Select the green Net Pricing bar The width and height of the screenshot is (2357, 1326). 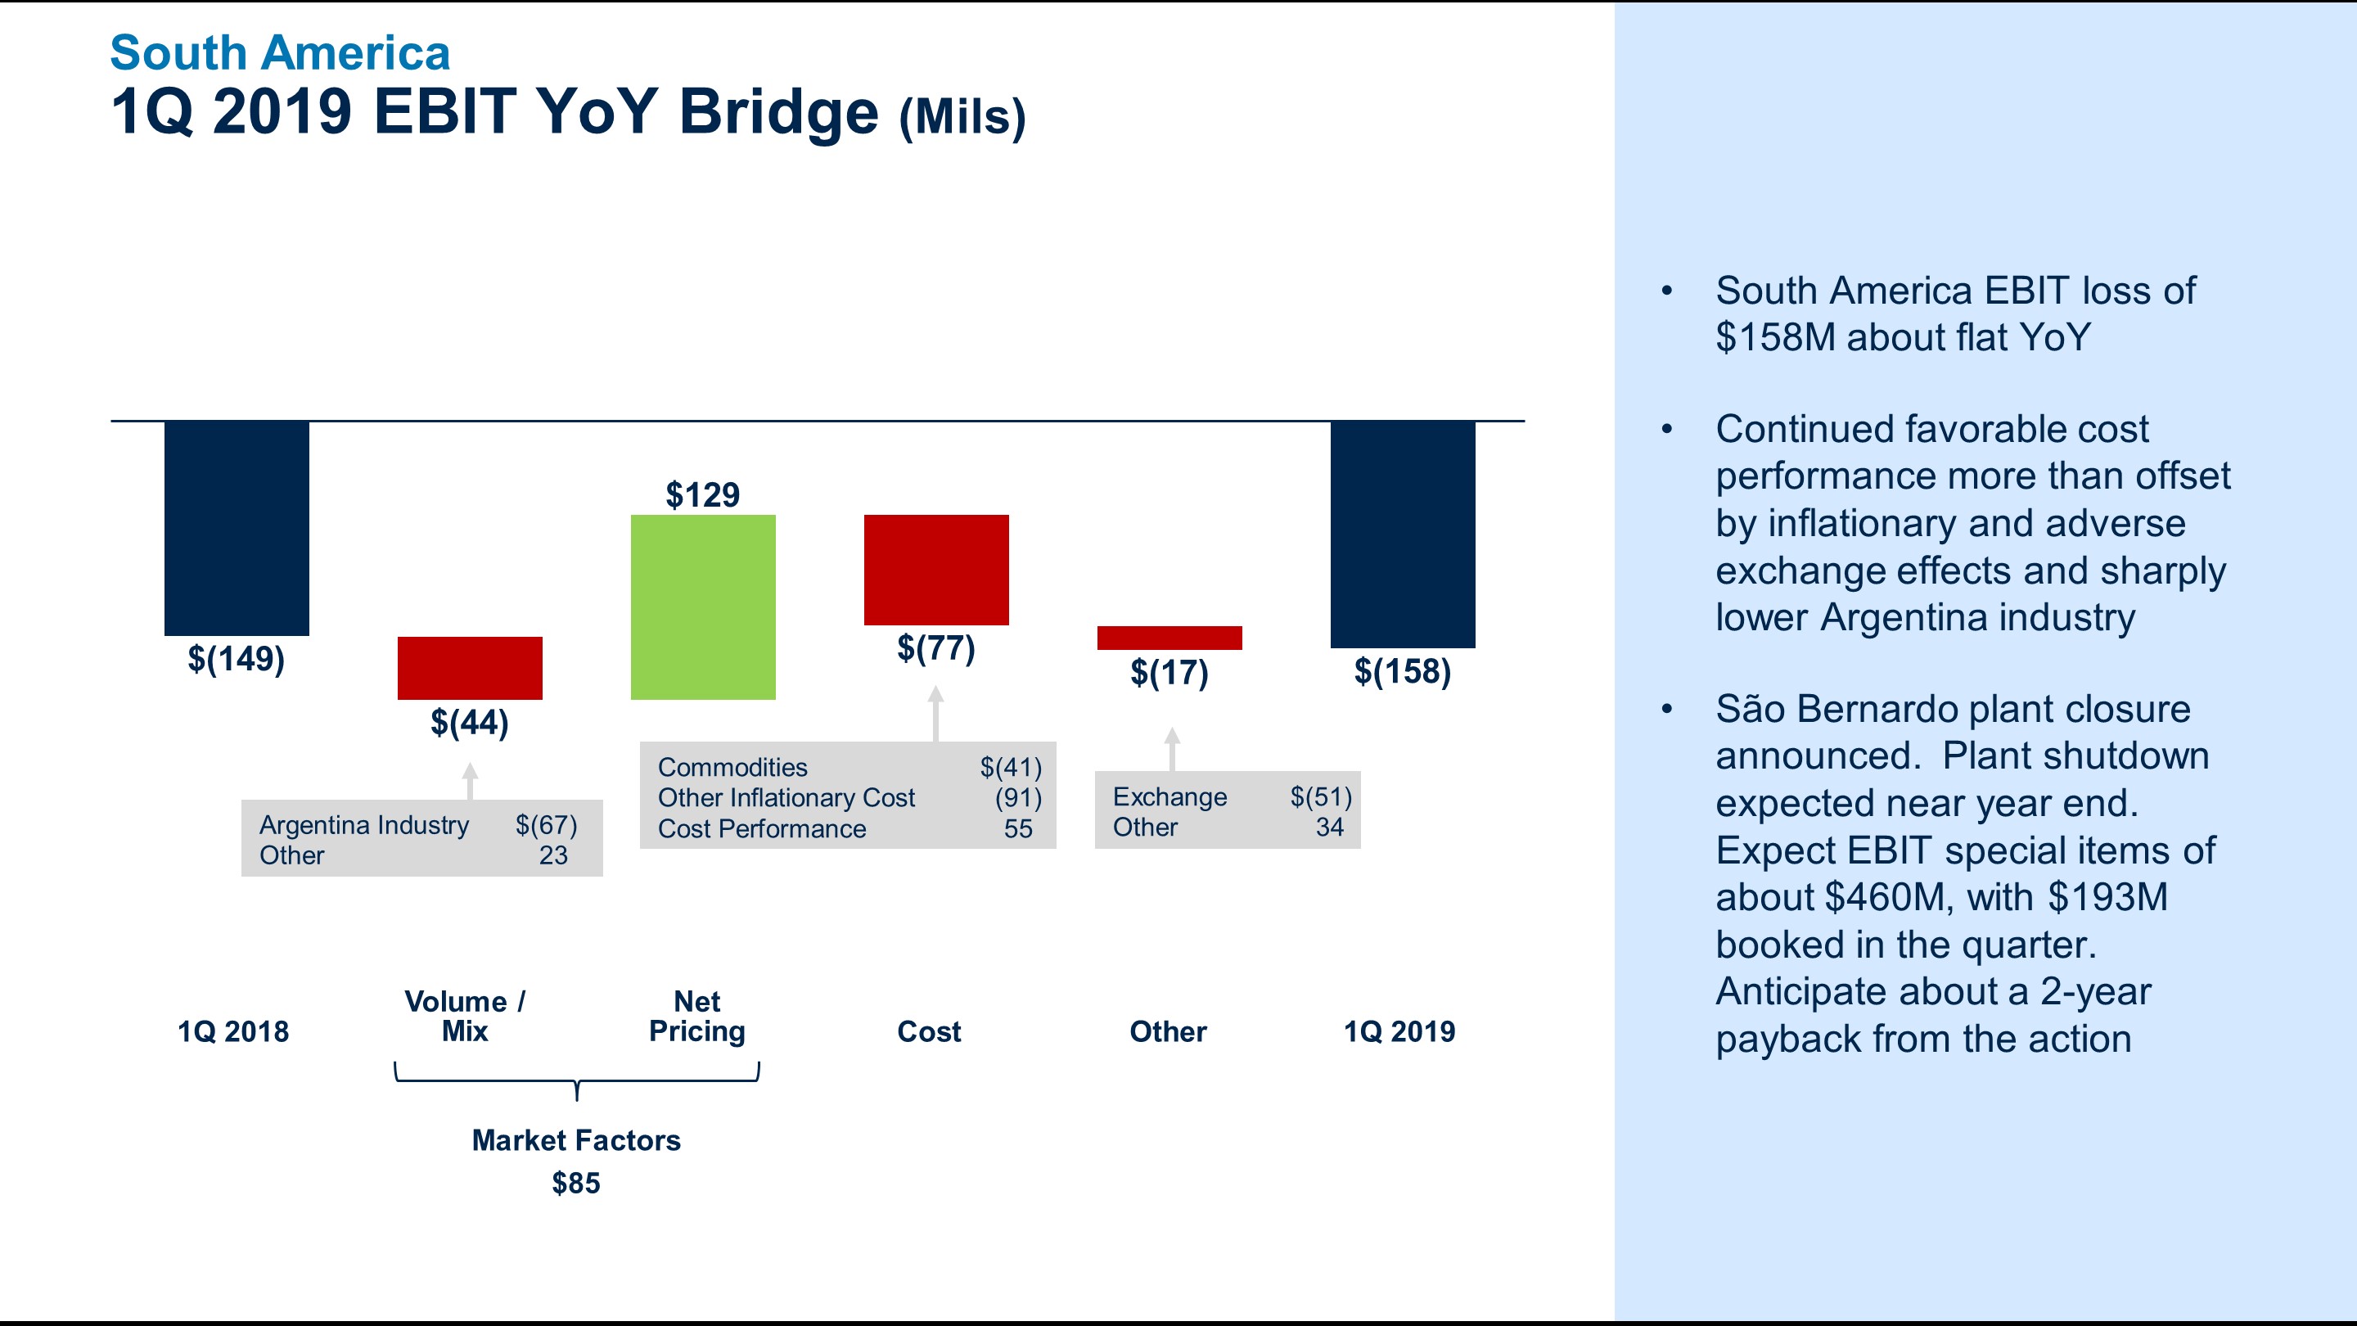point(703,607)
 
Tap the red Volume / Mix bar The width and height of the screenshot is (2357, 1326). point(470,668)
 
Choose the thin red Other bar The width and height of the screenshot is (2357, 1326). point(1169,638)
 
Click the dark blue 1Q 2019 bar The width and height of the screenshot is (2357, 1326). point(1403,534)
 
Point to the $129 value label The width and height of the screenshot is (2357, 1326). point(703,495)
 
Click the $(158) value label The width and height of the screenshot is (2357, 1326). point(1403,672)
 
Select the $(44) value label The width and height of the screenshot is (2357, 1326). point(470,723)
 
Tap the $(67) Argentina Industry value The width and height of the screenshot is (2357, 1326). point(546,824)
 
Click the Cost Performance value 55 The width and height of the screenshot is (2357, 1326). point(1018,829)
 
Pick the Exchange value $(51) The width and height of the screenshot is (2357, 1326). point(1321,797)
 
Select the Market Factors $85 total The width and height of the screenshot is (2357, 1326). point(576,1184)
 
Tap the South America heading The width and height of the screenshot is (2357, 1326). point(280,53)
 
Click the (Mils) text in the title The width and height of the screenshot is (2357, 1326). point(962,117)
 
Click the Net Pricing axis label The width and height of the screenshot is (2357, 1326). point(697,1017)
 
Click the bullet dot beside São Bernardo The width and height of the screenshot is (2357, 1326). point(1667,709)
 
